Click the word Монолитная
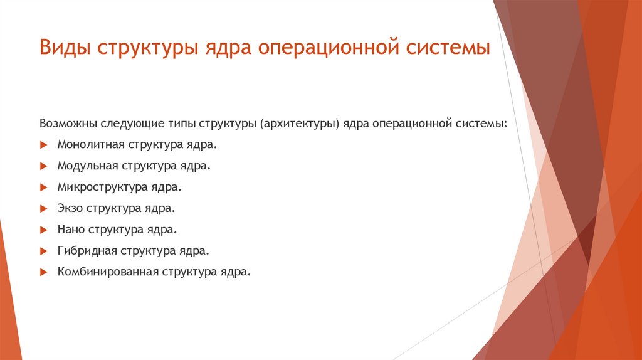coord(90,144)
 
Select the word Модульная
coord(87,166)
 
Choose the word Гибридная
coord(87,251)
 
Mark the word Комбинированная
coord(108,272)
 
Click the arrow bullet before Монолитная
coord(43,145)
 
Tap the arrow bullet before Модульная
coord(43,166)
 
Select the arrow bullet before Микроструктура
coord(43,188)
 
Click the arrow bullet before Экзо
coord(43,209)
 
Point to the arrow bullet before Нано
coord(43,230)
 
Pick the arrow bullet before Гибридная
coord(43,251)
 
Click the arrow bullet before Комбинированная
coord(43,273)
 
